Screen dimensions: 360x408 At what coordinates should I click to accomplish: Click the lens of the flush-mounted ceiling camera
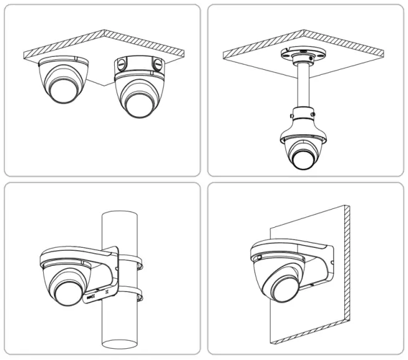(x=63, y=89)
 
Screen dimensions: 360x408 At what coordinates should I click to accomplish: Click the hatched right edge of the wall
(x=347, y=275)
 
